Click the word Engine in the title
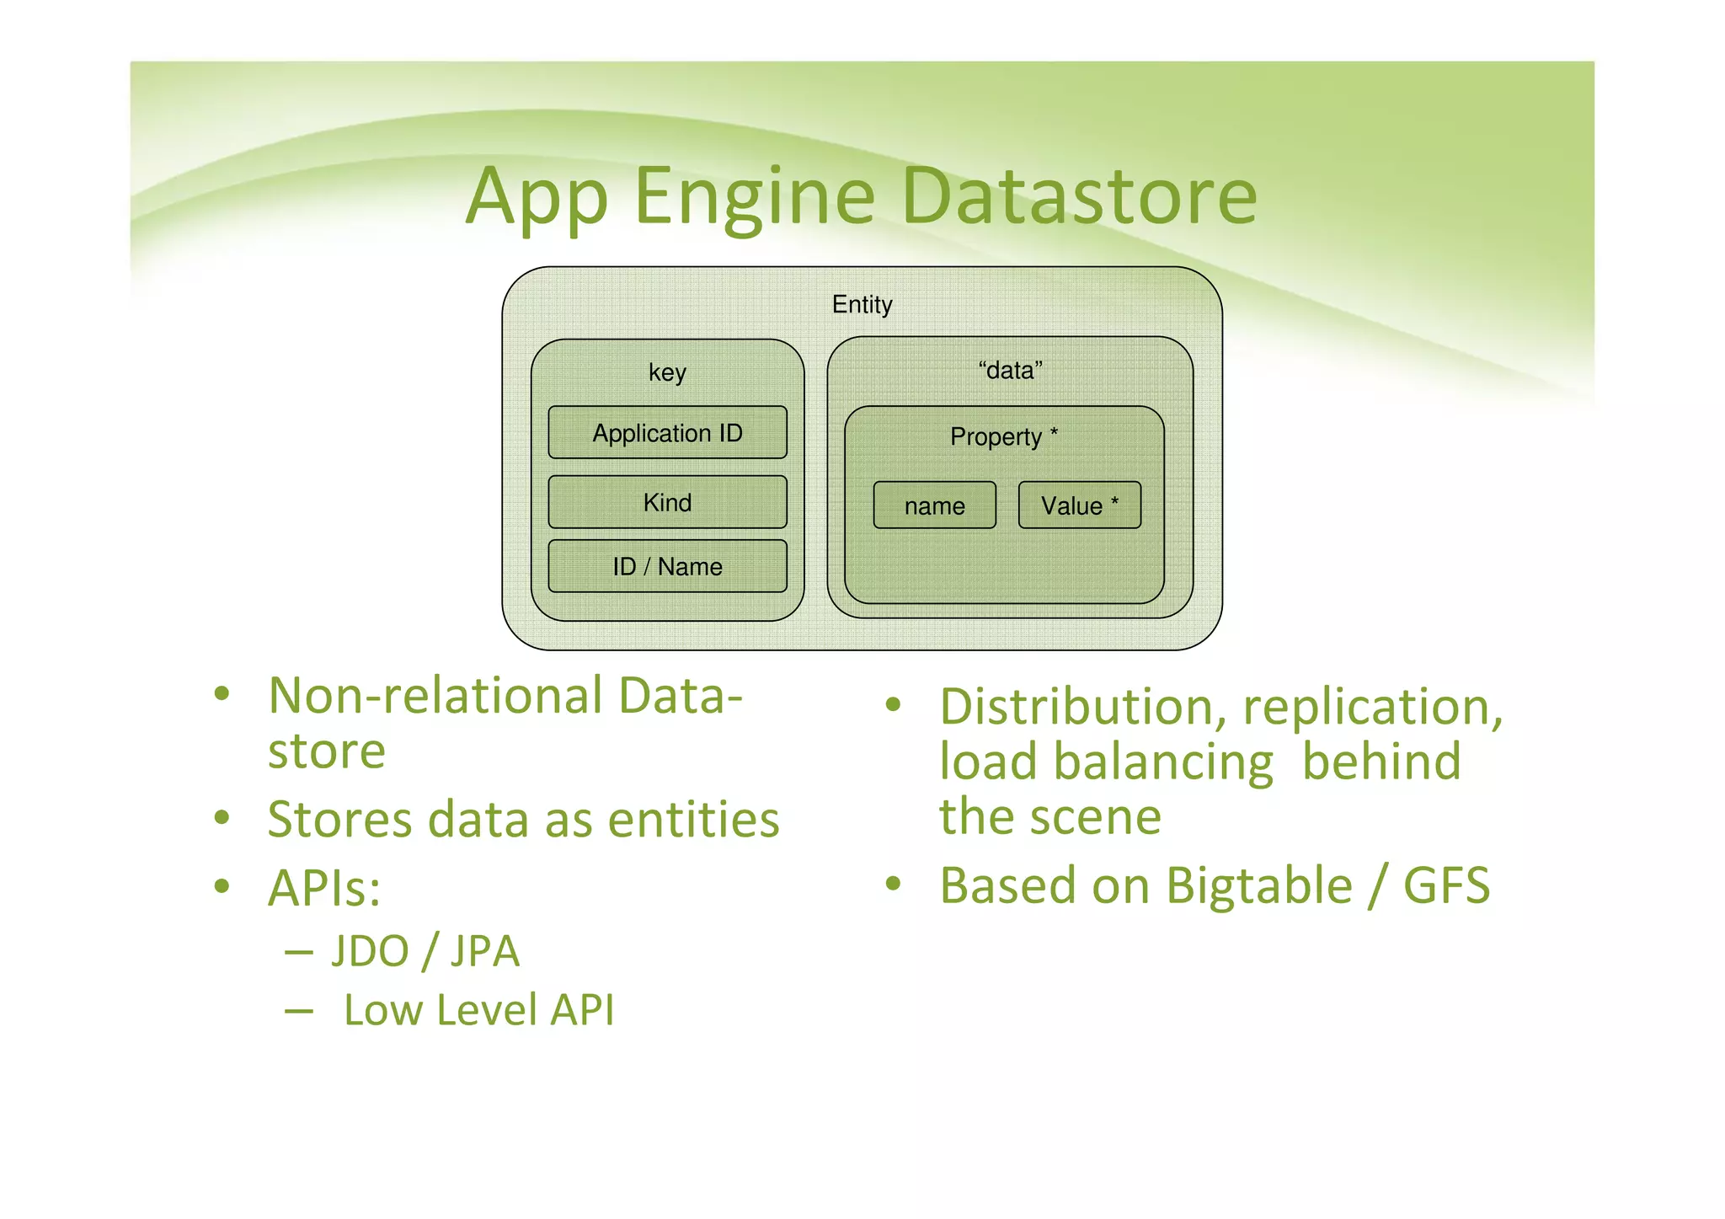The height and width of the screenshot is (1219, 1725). coord(754,196)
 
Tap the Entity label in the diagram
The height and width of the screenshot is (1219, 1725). coord(862,305)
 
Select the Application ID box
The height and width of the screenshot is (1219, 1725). coord(667,433)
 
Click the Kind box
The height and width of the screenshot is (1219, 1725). coord(667,502)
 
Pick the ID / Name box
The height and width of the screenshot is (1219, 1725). coord(667,566)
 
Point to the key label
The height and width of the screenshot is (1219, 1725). coord(667,372)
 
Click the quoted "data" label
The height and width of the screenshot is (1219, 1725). coord(1010,371)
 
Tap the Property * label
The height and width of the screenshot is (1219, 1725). coord(1003,436)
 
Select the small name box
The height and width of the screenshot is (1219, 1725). coord(934,505)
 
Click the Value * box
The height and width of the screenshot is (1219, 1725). coord(1079,505)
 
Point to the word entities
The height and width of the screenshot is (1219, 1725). coord(693,820)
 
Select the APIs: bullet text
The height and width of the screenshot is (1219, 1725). coord(324,888)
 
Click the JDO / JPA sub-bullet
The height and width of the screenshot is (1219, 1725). coord(425,951)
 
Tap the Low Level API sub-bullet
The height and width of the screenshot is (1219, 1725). coord(478,1010)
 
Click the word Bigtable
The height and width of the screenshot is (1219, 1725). coord(1259,886)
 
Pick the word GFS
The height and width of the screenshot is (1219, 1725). coord(1446,886)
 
